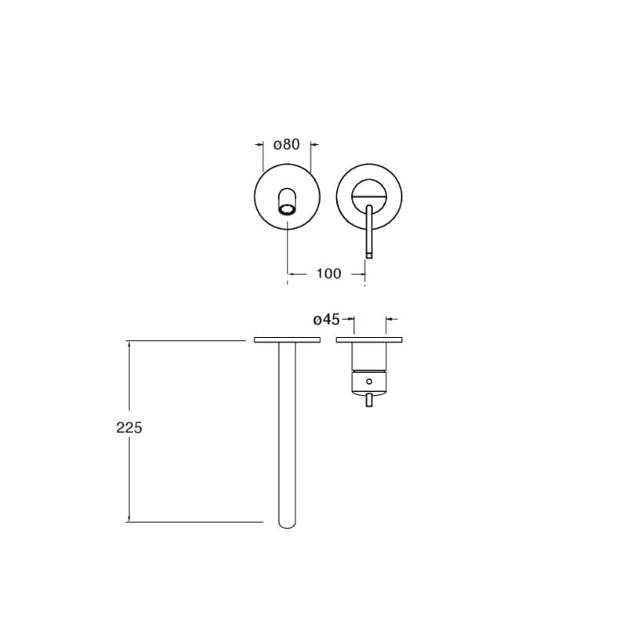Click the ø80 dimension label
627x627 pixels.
[x=286, y=144]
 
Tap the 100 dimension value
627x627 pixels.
[x=328, y=274]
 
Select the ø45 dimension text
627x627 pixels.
[x=326, y=320]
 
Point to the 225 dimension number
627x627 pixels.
[x=129, y=428]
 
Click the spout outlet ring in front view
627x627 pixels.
[x=287, y=208]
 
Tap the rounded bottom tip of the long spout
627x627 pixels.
[x=287, y=524]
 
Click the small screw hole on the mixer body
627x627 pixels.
[x=368, y=382]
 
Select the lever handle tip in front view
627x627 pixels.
[x=369, y=254]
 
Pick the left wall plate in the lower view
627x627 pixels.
[x=287, y=340]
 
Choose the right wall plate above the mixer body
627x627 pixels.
[x=369, y=340]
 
